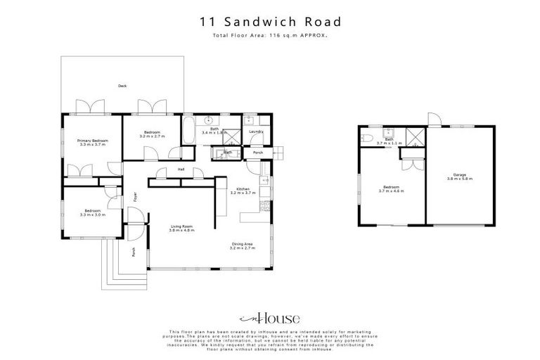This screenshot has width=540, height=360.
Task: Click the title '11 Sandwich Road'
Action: coord(269,22)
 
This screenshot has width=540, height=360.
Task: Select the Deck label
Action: coord(122,86)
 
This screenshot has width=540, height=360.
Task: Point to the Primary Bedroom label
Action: coord(91,141)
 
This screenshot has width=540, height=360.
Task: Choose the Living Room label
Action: coord(181,226)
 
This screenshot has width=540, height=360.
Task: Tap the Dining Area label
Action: coord(243,245)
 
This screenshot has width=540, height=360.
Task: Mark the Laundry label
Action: coord(256,131)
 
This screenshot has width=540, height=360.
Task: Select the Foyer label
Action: coord(136,198)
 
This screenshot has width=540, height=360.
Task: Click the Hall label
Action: coord(181,169)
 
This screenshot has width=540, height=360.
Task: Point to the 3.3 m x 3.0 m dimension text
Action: coord(92,214)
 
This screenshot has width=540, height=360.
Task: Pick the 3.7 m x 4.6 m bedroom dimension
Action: coord(391,191)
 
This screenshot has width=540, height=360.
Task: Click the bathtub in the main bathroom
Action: coord(189,131)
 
